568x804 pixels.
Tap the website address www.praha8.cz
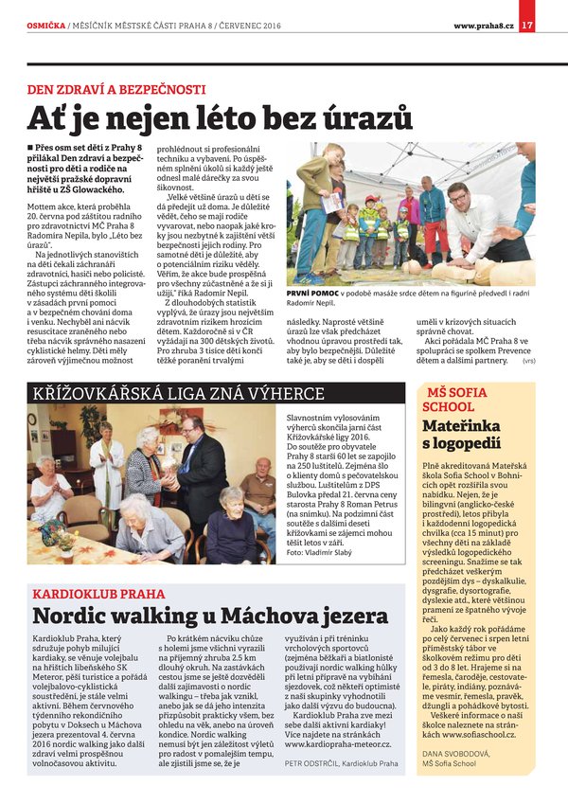pos(483,25)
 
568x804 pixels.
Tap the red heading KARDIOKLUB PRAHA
pos(98,595)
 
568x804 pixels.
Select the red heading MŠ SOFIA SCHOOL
pos(458,399)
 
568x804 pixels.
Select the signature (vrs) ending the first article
pos(528,360)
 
